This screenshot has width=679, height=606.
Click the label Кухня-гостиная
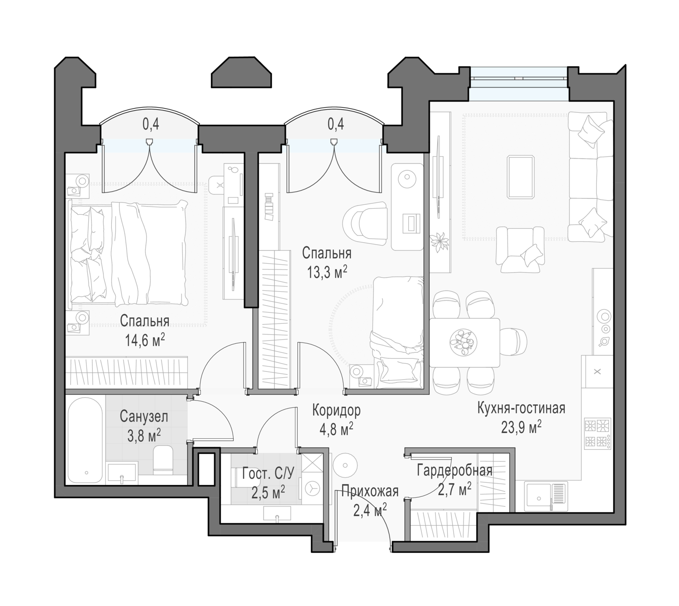click(x=521, y=409)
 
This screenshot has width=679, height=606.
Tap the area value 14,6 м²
click(x=145, y=341)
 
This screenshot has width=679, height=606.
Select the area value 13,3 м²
click(x=327, y=273)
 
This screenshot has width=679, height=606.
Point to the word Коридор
click(x=336, y=410)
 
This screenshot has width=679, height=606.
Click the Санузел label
click(x=144, y=417)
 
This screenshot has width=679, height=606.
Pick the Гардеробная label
click(x=454, y=471)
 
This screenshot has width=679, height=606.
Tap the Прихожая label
click(x=370, y=492)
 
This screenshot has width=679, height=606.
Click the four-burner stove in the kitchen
click(x=598, y=433)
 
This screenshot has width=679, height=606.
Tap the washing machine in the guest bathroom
click(x=312, y=489)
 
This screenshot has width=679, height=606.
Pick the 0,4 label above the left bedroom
click(x=151, y=124)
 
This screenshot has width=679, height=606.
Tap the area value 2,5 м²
click(x=268, y=493)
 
